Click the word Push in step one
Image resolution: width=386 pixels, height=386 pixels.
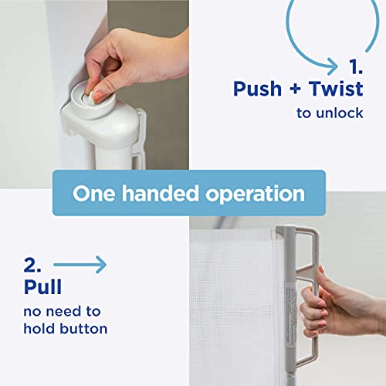(x=257, y=89)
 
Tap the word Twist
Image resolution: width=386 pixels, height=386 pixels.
(x=336, y=89)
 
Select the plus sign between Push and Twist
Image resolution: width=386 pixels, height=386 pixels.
(x=295, y=90)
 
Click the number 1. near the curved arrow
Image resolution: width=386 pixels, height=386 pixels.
(x=356, y=67)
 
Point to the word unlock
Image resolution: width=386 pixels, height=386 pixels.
(x=340, y=113)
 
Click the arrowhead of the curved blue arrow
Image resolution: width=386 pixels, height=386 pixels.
(x=333, y=66)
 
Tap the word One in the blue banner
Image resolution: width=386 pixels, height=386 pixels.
(x=94, y=194)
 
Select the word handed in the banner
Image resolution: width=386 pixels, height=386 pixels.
(x=160, y=193)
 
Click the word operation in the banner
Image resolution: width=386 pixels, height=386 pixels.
(x=255, y=195)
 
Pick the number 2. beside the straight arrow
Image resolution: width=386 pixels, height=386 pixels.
(x=32, y=265)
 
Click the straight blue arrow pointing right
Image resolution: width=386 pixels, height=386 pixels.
(x=80, y=265)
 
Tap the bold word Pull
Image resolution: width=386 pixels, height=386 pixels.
(x=42, y=286)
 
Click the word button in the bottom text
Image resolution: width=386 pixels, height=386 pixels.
(x=83, y=329)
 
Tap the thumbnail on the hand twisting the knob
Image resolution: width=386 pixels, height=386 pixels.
(x=98, y=96)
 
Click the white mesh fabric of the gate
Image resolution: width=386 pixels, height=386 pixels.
(x=232, y=309)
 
